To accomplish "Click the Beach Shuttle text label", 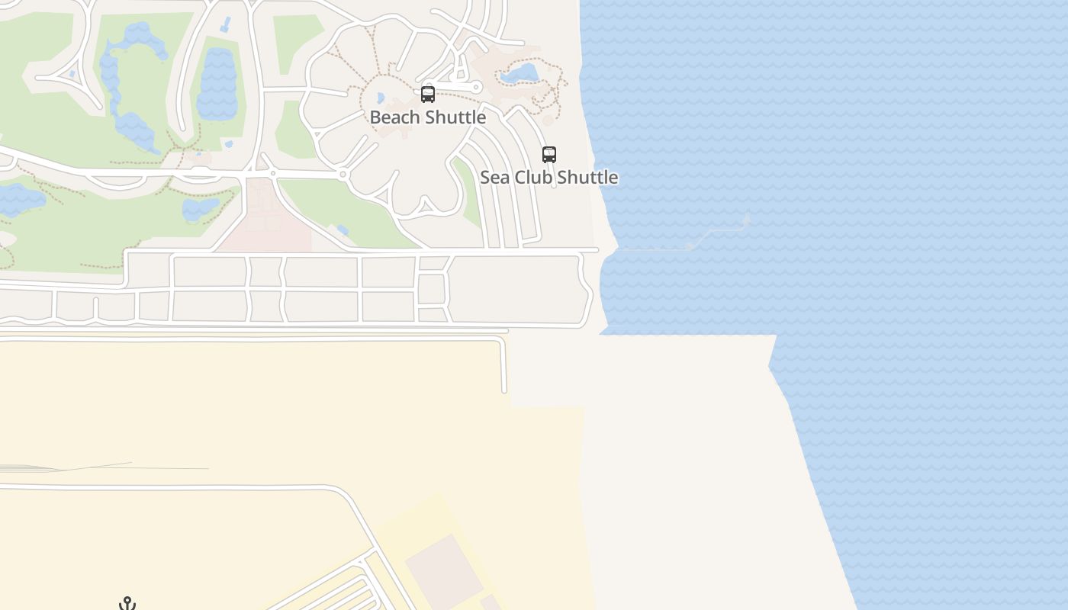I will pyautogui.click(x=427, y=117).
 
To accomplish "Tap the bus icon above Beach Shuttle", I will pyautogui.click(x=428, y=95).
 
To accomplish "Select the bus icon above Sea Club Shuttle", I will pyautogui.click(x=549, y=155).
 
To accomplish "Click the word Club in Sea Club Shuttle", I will pyautogui.click(x=532, y=178).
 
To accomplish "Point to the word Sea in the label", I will pyautogui.click(x=494, y=178).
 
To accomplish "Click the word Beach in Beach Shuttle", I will pyautogui.click(x=394, y=117).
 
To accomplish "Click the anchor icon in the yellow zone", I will pyautogui.click(x=127, y=604).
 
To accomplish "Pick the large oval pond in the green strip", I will pyautogui.click(x=217, y=84).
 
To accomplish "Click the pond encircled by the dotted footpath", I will pyautogui.click(x=520, y=74).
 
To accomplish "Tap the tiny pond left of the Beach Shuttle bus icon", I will pyautogui.click(x=381, y=98).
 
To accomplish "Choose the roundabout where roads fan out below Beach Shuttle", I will pyautogui.click(x=343, y=175).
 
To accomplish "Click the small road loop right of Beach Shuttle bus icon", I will pyautogui.click(x=477, y=88).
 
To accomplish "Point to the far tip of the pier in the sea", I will pyautogui.click(x=747, y=220).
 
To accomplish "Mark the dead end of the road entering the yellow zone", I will pyautogui.click(x=504, y=390).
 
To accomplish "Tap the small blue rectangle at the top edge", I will pyautogui.click(x=226, y=24).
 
